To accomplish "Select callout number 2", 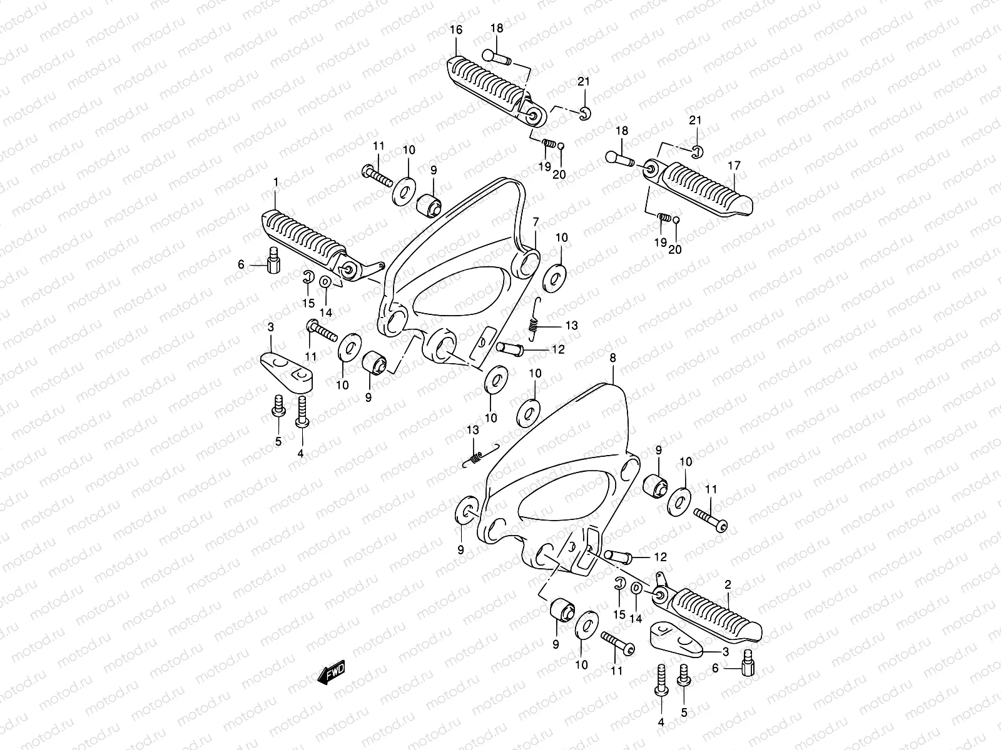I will tap(728, 585).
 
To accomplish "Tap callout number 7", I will tap(536, 222).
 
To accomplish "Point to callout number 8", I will tap(612, 359).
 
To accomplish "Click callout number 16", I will tap(455, 29).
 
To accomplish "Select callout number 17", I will tap(734, 166).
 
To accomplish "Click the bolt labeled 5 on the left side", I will tap(278, 407).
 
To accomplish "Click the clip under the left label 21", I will tap(584, 112).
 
